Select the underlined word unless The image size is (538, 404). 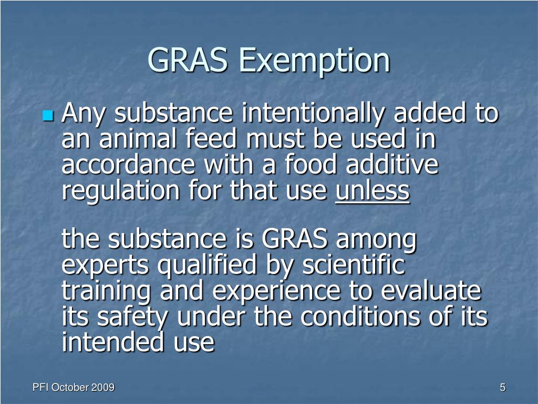(x=372, y=190)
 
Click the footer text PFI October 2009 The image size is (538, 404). (x=74, y=388)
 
